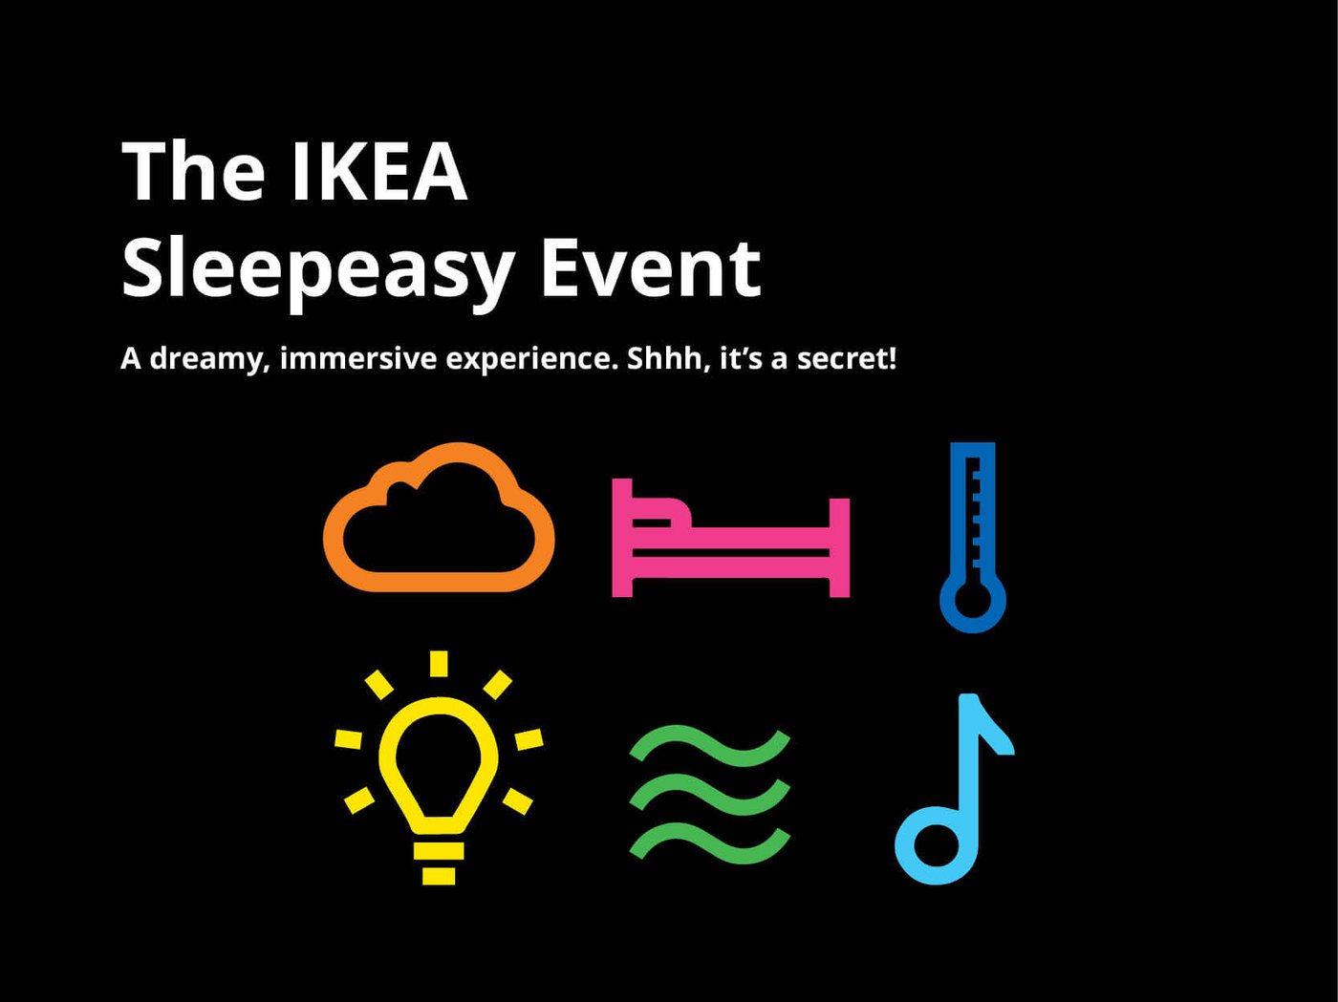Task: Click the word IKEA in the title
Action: coord(378,172)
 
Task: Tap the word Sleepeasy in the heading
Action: coord(318,270)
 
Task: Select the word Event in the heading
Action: coord(650,268)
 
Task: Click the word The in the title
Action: coord(193,172)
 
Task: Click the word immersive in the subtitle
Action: coord(358,358)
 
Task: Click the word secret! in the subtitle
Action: coord(847,358)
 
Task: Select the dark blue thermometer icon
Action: coord(973,535)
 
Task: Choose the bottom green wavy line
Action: coord(709,843)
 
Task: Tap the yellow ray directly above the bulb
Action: coord(439,664)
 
